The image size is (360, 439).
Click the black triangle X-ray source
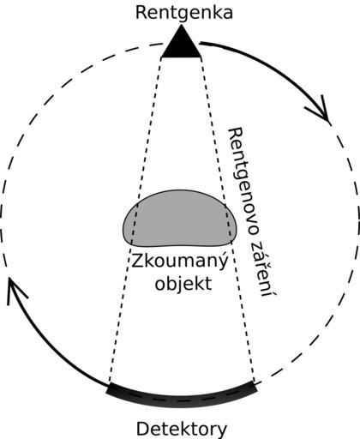[x=181, y=45]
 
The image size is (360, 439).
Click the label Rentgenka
[x=184, y=13]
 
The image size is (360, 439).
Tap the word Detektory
[x=182, y=430]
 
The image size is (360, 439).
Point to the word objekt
[x=183, y=284]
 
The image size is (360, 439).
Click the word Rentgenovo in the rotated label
[x=243, y=181]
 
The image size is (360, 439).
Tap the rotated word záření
[x=264, y=268]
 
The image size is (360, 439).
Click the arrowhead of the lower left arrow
[x=15, y=289]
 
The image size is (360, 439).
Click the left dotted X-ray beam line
[x=135, y=220]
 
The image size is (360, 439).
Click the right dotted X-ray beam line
[x=228, y=220]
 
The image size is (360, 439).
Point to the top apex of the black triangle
[x=181, y=25]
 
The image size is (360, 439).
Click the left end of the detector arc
[x=108, y=388]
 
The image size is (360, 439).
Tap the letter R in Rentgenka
[x=141, y=13]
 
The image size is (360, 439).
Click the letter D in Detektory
[x=143, y=430]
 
